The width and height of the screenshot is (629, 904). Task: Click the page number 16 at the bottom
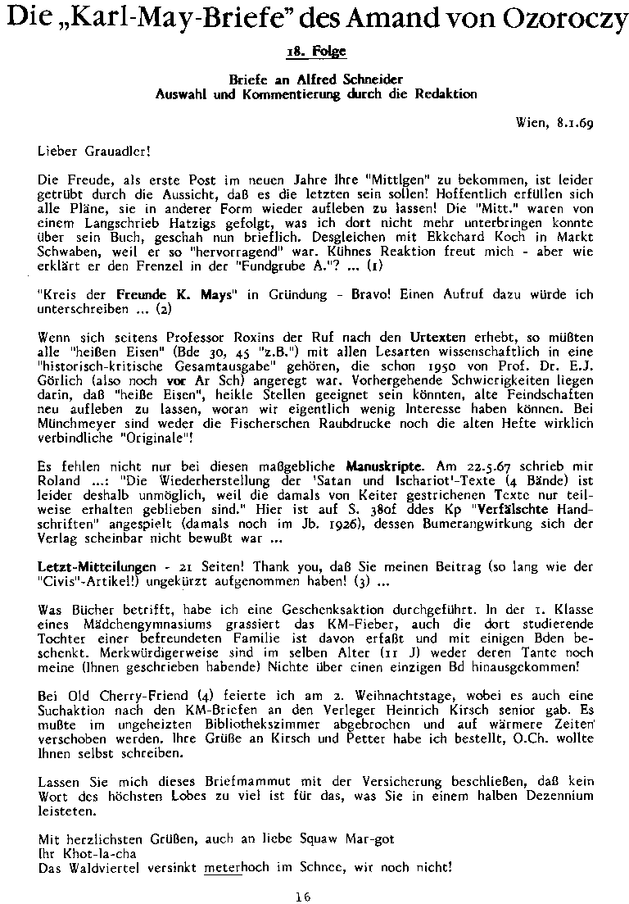point(302,896)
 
